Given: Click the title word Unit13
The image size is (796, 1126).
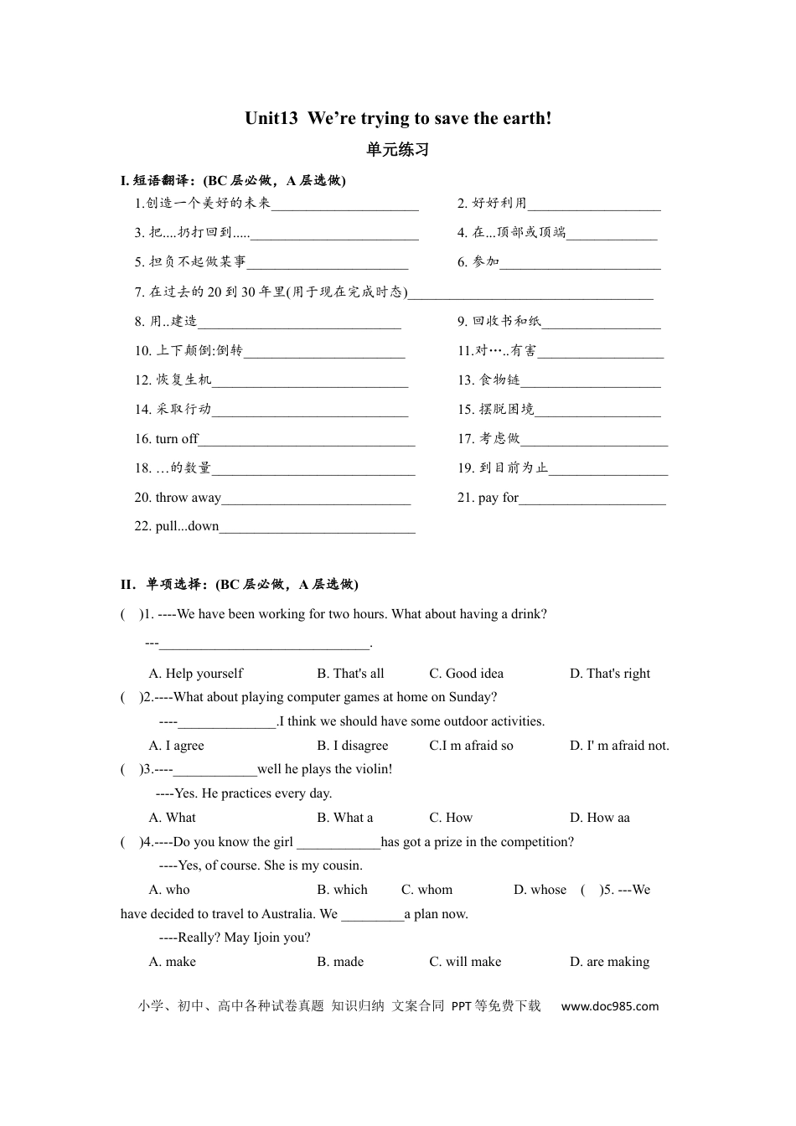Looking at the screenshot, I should coord(271,119).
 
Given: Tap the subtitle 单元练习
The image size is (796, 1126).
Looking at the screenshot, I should coord(398,150).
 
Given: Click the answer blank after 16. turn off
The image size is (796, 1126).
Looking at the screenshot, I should coord(307,440).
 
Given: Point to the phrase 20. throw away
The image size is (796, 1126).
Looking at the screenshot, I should coord(178,498).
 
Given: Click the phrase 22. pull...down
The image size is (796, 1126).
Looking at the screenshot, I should coord(177,526).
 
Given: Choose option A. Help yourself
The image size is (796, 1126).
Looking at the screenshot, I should coord(196,674).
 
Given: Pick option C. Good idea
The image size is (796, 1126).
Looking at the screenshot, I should coord(467,674).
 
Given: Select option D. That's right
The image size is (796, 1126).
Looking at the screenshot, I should coord(610,674).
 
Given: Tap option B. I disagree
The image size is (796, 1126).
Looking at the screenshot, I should coord(353,746).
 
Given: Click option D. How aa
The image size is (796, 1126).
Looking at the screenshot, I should coord(600,818).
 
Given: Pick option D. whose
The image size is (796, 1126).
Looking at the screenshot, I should coord(540,890).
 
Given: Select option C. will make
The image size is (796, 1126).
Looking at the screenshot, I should coord(466,962).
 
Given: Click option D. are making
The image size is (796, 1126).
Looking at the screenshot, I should coord(610,962).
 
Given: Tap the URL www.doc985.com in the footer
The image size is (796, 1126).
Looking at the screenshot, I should coord(610,1006).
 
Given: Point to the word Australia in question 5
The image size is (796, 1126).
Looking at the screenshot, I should coord(287,914).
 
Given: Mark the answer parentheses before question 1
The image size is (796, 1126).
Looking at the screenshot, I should coord(130,614).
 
